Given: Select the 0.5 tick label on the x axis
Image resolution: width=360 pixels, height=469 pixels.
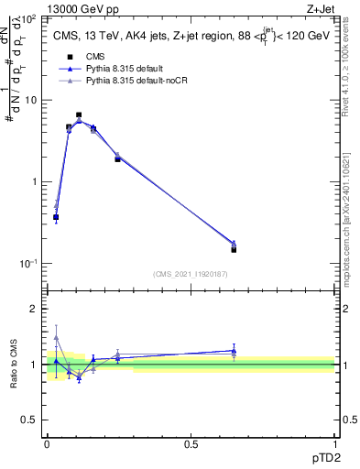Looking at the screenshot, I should (191, 443).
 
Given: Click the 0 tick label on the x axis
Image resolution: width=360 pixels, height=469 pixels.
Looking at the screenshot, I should (47, 443).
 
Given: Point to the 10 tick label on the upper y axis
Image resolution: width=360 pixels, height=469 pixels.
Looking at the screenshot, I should (33, 100).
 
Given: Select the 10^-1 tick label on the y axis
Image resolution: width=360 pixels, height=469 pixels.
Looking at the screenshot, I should (31, 263).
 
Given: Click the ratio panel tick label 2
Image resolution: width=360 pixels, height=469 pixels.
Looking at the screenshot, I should (36, 309).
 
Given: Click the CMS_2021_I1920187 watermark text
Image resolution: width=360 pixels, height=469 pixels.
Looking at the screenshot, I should (191, 273).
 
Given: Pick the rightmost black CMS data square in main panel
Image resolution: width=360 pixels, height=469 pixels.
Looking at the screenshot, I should (234, 249).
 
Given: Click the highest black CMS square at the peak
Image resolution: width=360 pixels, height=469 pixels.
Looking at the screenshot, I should (79, 115).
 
